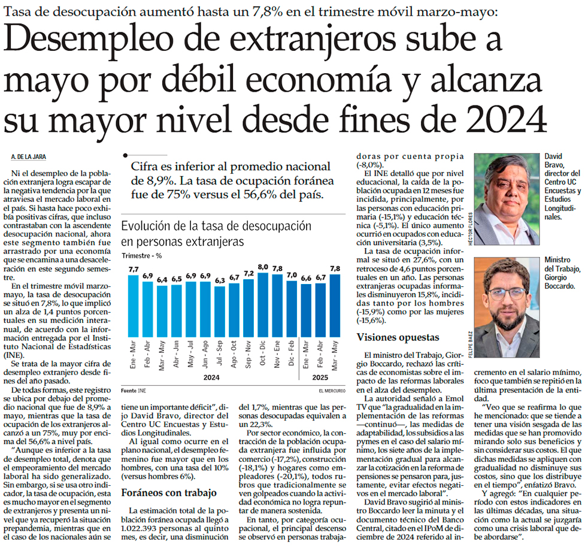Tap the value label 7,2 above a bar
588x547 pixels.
pyautogui.click(x=248, y=273)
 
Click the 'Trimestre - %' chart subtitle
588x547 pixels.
pyautogui.click(x=143, y=256)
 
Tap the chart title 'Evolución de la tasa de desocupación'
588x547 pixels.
pyautogui.click(x=216, y=227)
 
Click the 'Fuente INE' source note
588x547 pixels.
pyautogui.click(x=134, y=390)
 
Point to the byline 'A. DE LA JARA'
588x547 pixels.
pyautogui.click(x=29, y=157)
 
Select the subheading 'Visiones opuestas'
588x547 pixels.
pyautogui.click(x=398, y=337)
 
